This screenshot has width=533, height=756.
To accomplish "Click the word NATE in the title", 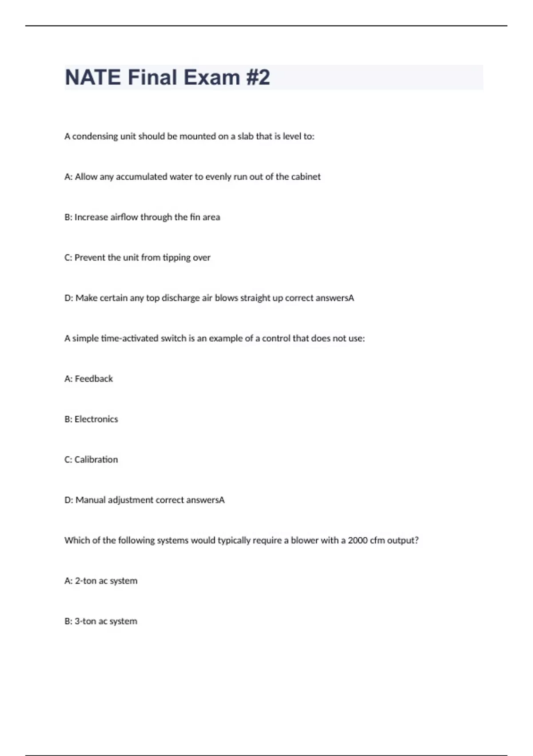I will point(92,77).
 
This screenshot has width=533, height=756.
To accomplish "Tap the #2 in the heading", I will point(258,77).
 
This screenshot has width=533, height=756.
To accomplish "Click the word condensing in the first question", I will point(95,137).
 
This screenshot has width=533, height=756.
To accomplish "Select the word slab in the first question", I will point(245,136).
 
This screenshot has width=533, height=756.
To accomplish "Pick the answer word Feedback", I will point(94,379).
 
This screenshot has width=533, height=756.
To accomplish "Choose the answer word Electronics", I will point(96,419).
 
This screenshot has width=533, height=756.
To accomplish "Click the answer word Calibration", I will point(96,460).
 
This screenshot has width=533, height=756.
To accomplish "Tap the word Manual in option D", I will point(90,500).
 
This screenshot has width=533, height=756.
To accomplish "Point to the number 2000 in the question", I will point(358,540).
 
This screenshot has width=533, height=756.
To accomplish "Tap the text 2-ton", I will point(85,581).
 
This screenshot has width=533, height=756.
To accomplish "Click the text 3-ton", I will point(85,621).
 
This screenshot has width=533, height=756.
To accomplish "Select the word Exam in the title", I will point(212,77).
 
